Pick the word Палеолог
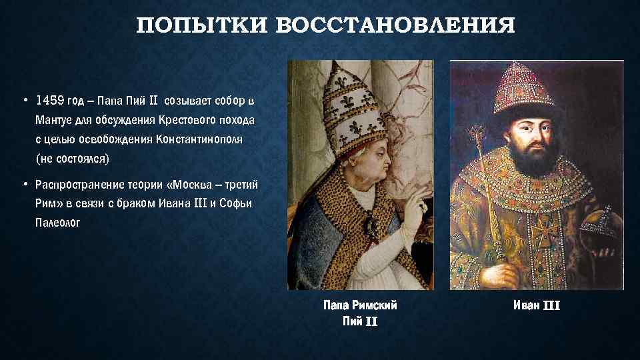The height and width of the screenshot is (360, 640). coord(58,222)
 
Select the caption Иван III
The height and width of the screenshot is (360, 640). coord(537,306)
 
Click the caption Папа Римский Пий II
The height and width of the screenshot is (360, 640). coord(360,313)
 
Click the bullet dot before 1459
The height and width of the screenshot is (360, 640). coord(23,101)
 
